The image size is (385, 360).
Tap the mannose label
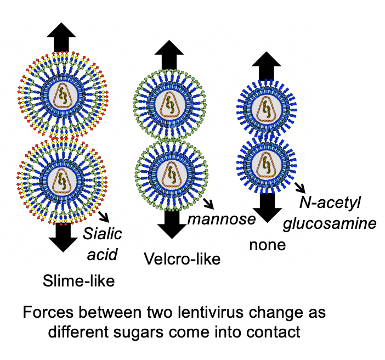click(x=222, y=220)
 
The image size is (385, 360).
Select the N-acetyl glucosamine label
click(x=338, y=214)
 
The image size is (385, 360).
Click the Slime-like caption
click(x=78, y=281)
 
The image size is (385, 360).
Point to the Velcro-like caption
click(x=182, y=259)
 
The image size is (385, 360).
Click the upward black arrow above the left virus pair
click(x=61, y=37)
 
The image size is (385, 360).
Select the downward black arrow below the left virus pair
click(x=64, y=237)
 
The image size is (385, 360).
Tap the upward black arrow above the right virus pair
click(x=265, y=67)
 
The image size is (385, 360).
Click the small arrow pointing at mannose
click(x=208, y=204)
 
